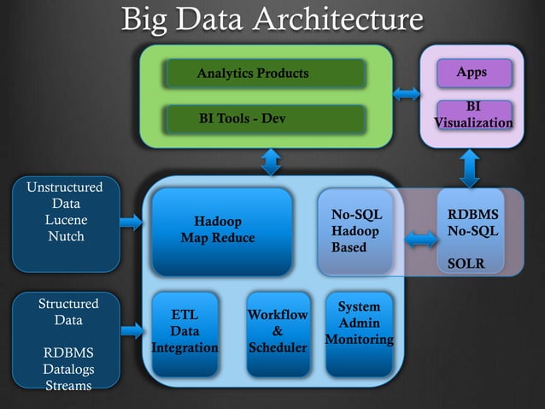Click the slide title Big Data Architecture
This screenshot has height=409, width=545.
click(272, 21)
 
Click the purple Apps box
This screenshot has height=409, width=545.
click(473, 73)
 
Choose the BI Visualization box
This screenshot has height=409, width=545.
click(473, 115)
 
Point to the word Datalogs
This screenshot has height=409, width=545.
click(68, 369)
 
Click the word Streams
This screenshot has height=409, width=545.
click(68, 385)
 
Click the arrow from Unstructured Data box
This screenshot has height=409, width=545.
click(131, 222)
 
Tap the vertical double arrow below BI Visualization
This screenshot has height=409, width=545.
click(468, 168)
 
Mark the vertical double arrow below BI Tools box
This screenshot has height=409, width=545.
click(271, 161)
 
